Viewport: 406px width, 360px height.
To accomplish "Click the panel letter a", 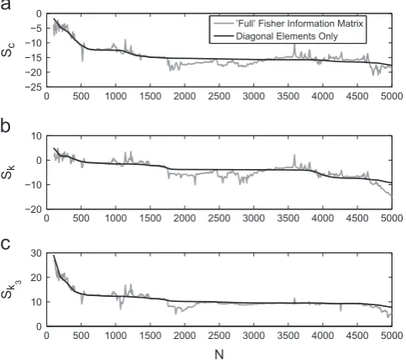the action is click(6, 4).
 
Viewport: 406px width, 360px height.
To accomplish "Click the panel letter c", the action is click(6, 245).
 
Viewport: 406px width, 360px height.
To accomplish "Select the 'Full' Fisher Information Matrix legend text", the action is click(299, 24).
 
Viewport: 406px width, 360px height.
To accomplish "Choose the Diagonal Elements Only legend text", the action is click(287, 36).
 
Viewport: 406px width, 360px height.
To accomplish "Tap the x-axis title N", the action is click(219, 354).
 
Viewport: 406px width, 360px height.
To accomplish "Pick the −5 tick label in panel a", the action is click(36, 29).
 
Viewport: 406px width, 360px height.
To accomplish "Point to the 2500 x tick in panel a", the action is click(219, 96).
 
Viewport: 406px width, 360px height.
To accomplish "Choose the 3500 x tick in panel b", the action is click(288, 218).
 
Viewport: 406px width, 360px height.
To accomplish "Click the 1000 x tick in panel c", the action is click(115, 336).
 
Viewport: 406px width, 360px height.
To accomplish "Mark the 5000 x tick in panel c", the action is click(392, 336).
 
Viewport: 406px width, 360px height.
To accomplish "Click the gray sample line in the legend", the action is click(224, 24).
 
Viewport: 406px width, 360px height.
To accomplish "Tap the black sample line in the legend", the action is click(224, 36).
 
